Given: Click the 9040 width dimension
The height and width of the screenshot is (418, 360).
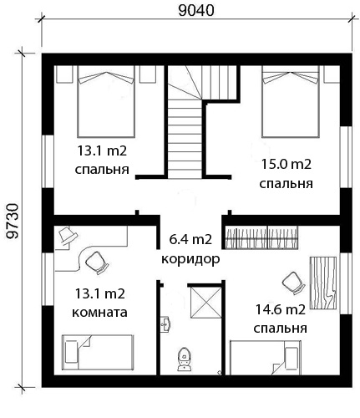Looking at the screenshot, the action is click(196, 10).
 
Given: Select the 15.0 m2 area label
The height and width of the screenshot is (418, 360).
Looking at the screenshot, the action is click(286, 164).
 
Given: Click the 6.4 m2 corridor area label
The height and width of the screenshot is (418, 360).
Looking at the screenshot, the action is click(190, 239).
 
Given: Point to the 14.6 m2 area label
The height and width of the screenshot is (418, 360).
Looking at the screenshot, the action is click(281, 309).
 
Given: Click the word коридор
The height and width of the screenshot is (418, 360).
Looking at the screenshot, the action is click(190, 259).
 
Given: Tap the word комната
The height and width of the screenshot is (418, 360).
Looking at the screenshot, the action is click(99, 313).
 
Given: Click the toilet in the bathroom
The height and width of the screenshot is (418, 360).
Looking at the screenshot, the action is click(184, 359).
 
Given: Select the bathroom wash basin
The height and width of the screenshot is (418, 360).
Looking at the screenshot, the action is click(166, 324).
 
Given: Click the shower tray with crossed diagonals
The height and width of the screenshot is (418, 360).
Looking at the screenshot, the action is click(205, 303).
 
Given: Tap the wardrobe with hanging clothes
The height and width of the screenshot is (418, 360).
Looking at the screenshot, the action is click(261, 237).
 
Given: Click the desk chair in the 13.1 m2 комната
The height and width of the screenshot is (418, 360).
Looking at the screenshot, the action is click(96, 263).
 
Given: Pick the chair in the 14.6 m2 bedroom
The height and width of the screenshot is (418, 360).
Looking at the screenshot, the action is click(293, 283).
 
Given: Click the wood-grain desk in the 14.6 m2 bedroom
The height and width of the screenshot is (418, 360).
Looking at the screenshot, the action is click(323, 283).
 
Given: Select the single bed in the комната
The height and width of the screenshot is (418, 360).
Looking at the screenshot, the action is click(98, 352).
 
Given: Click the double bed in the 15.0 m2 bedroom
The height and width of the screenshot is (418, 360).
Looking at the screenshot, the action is click(291, 102).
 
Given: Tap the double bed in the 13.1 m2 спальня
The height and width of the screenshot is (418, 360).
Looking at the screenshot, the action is click(106, 101).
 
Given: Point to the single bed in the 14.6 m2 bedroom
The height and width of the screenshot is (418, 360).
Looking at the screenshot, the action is click(265, 357).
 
